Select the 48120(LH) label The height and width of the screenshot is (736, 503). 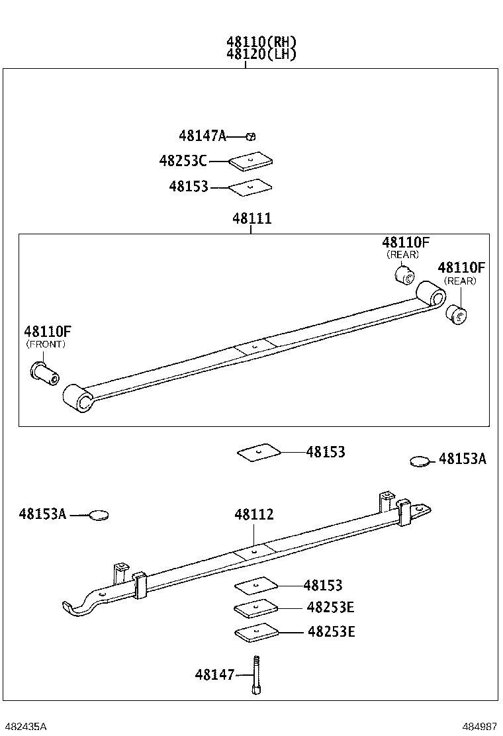[261, 54]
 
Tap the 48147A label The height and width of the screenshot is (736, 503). [202, 136]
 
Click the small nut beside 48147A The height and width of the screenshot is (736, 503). [251, 136]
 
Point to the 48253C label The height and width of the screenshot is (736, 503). [183, 160]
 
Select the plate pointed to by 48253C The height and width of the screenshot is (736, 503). [251, 161]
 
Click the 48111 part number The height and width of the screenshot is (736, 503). [251, 218]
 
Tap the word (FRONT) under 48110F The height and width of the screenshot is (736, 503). [46, 344]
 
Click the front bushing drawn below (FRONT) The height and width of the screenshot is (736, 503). [45, 372]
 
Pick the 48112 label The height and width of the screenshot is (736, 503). [253, 514]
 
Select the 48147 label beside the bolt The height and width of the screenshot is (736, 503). [214, 674]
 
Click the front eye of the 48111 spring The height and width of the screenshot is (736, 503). [77, 398]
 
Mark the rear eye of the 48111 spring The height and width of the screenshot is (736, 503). [430, 294]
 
